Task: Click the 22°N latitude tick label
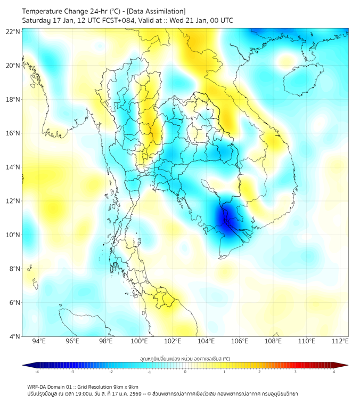pos(13,31)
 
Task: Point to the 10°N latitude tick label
pos(13,235)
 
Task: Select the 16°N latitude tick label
pos(13,133)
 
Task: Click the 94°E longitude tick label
pos(39,341)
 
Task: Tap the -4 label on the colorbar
pos(36,372)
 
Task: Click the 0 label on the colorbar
pos(185,372)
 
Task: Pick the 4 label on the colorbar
pos(333,372)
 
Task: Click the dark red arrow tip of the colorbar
pos(345,365)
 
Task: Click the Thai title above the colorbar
pos(185,358)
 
